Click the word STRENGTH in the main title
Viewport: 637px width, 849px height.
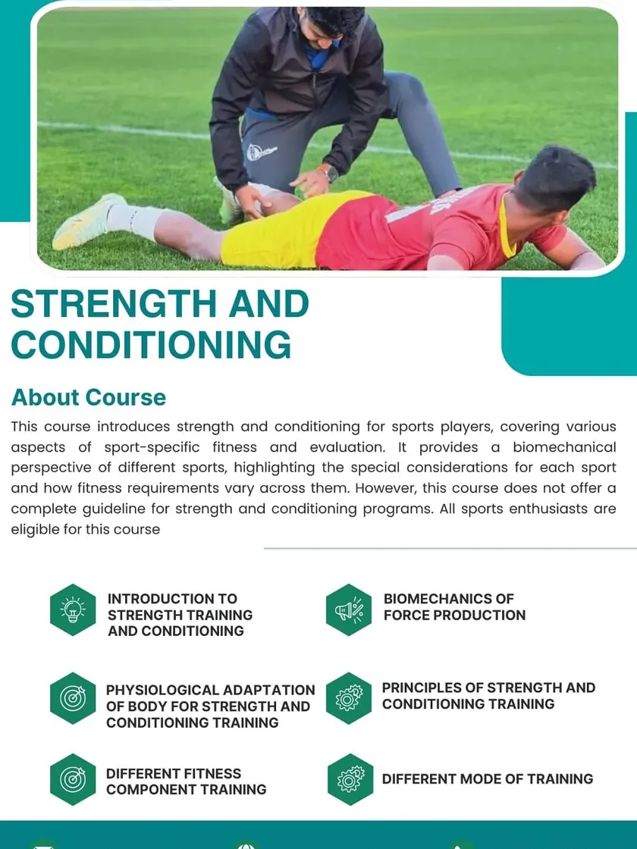pos(114,303)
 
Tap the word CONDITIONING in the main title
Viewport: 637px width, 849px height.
pos(151,344)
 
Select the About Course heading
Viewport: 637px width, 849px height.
pos(88,397)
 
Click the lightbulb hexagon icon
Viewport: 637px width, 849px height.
pos(73,609)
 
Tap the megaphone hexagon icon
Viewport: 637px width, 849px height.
pos(349,609)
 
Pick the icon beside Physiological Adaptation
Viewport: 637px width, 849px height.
pos(73,698)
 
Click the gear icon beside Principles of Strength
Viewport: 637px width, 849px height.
pos(349,698)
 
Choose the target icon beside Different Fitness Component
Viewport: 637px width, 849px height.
pos(73,779)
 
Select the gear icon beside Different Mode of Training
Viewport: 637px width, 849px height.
pos(350,779)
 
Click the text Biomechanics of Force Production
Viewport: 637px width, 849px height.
pos(454,607)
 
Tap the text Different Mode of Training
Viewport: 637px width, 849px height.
pos(488,779)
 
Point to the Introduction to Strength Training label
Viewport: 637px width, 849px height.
pos(180,615)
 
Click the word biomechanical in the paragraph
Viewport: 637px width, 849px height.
pos(564,447)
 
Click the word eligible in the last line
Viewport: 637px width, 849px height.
pos(35,529)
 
